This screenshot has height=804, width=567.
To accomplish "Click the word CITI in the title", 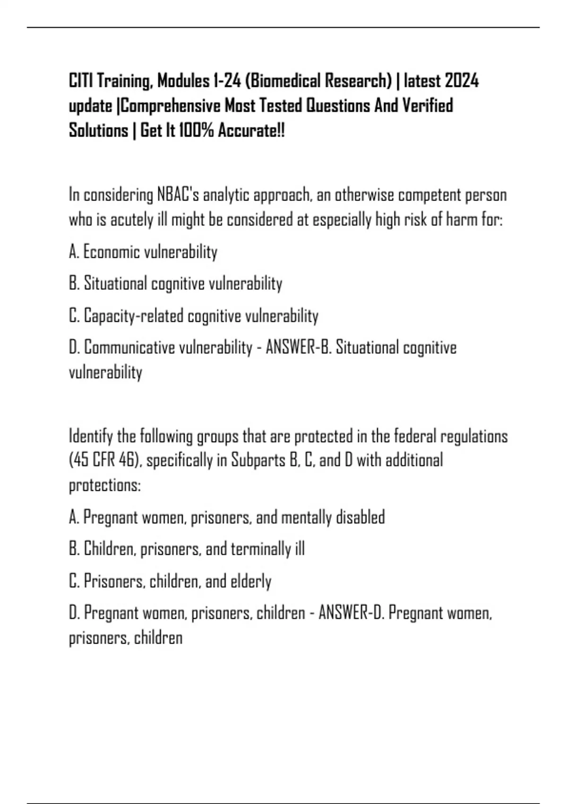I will pos(81,81).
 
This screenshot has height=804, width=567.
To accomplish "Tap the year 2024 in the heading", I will pos(462,81).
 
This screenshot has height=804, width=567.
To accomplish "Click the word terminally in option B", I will pos(257,549).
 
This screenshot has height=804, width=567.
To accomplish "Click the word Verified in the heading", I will pos(427,105).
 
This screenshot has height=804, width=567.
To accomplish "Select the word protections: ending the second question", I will pos(105,486).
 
